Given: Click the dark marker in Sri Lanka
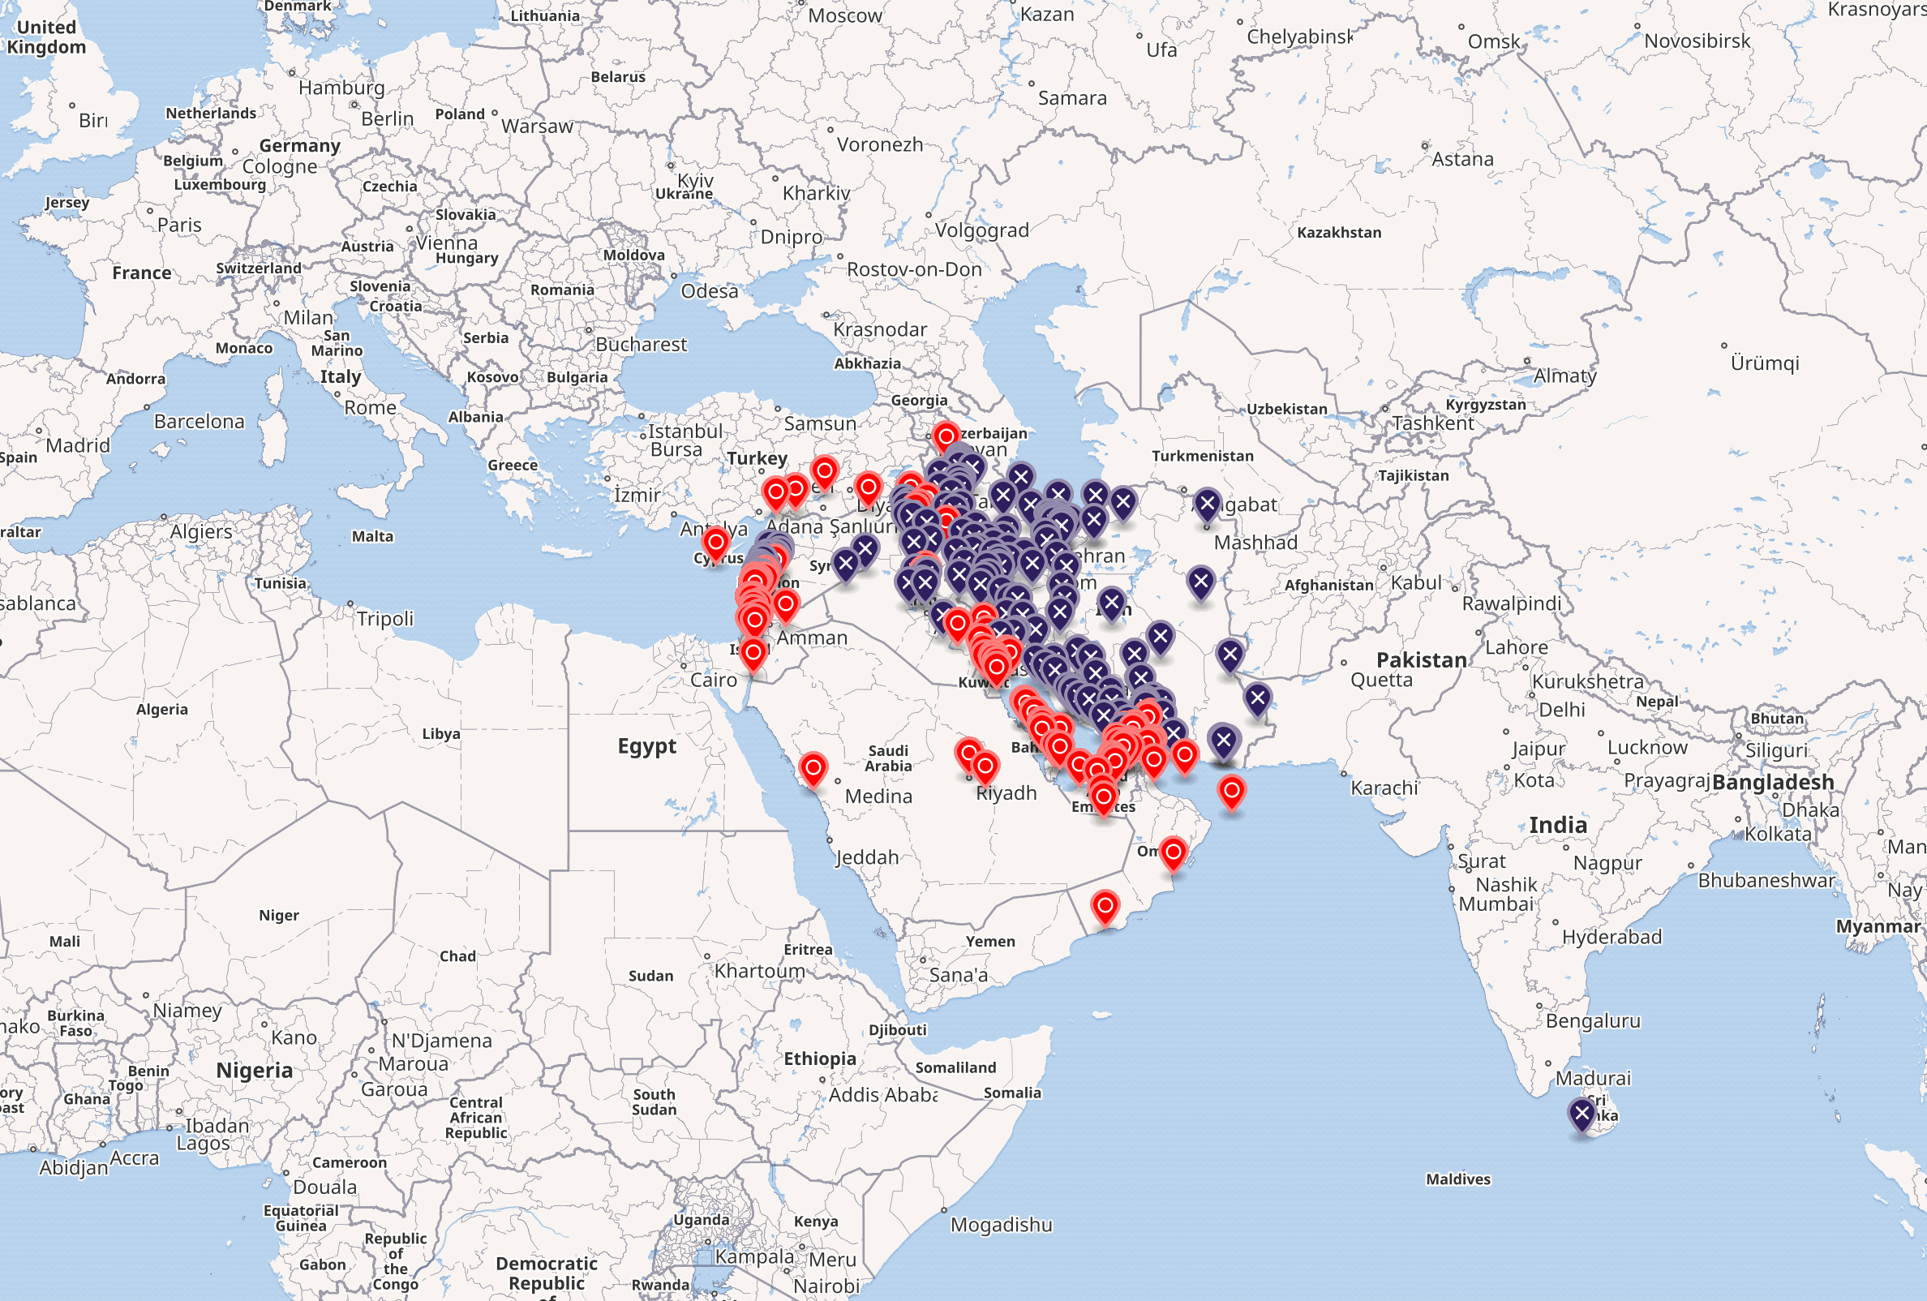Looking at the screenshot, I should pos(1582,1114).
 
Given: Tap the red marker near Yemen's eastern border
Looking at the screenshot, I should pos(1105,906).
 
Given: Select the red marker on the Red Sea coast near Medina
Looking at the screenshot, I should pos(813,768).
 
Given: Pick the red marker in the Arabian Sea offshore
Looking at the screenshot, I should pos(1231,791).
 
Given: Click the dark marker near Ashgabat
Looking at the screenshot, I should pos(1207,504).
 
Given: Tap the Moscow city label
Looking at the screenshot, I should pos(844,15).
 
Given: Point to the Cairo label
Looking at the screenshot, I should pos(713,680).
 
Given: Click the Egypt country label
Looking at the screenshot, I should pos(646,746).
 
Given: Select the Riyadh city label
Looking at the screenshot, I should pos(1006,793).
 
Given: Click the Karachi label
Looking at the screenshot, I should pos(1384,788).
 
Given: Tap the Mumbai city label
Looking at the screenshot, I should pos(1496,904).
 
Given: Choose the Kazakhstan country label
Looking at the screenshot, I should pos(1338,233).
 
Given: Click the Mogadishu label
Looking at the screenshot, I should pos(1001,1225).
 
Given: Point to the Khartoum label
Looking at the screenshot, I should pos(759,971).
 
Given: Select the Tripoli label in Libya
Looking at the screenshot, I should pos(384,619).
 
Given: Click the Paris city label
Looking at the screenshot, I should pos(179,225).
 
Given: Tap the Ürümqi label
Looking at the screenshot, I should pos(1765,363).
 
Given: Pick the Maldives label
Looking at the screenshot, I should pos(1457,1179).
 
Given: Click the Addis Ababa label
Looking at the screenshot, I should pos(883,1094).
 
